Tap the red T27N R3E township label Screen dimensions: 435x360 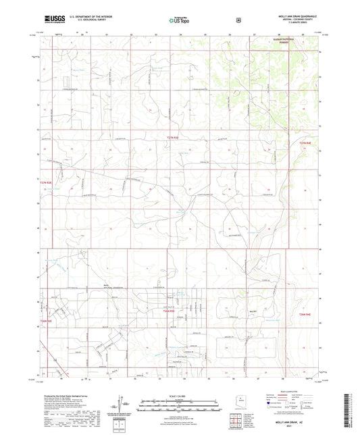174,138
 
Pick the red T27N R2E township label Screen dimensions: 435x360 46,182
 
